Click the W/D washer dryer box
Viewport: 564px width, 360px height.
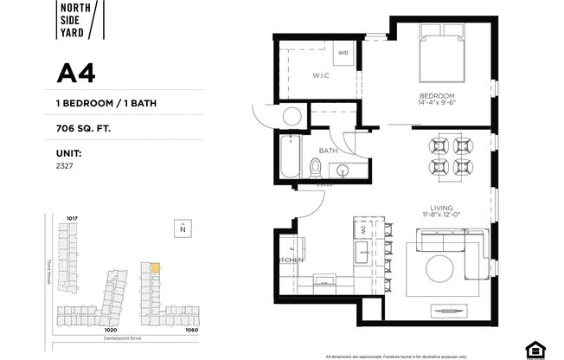pos(343,54)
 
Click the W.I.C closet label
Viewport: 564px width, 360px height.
pos(321,75)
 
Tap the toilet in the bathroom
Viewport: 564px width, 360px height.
pos(316,167)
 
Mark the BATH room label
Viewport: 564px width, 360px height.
pos(328,149)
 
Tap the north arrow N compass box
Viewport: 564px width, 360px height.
pos(183,229)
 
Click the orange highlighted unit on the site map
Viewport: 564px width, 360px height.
pos(155,269)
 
